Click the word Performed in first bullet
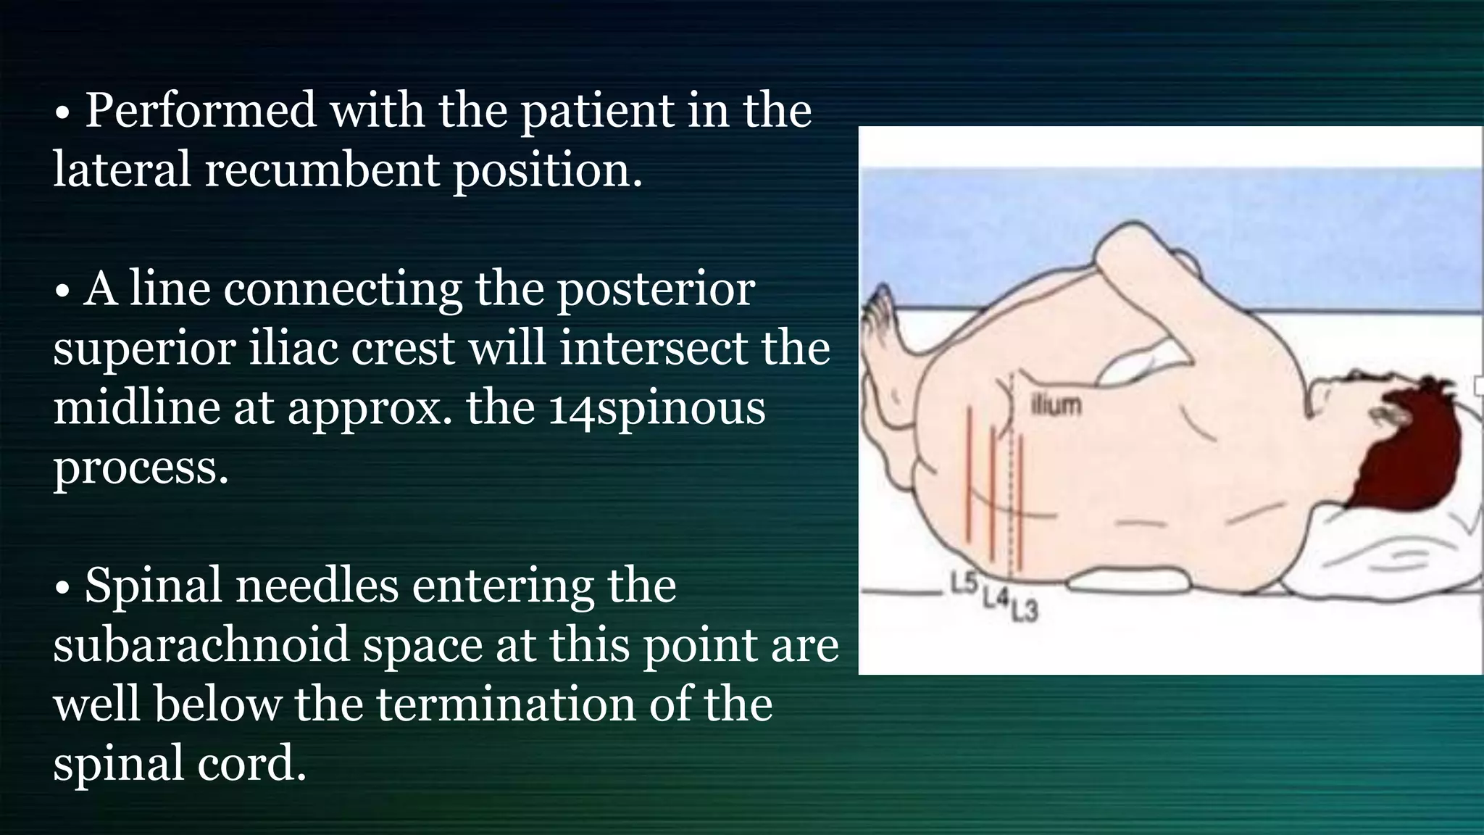(x=201, y=111)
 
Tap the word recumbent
(x=322, y=170)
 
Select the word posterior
(x=655, y=289)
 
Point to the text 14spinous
(x=656, y=408)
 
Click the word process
(x=141, y=468)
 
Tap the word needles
(x=317, y=586)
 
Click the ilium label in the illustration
(x=1056, y=406)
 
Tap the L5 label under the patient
(x=964, y=583)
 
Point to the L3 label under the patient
(x=1024, y=612)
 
